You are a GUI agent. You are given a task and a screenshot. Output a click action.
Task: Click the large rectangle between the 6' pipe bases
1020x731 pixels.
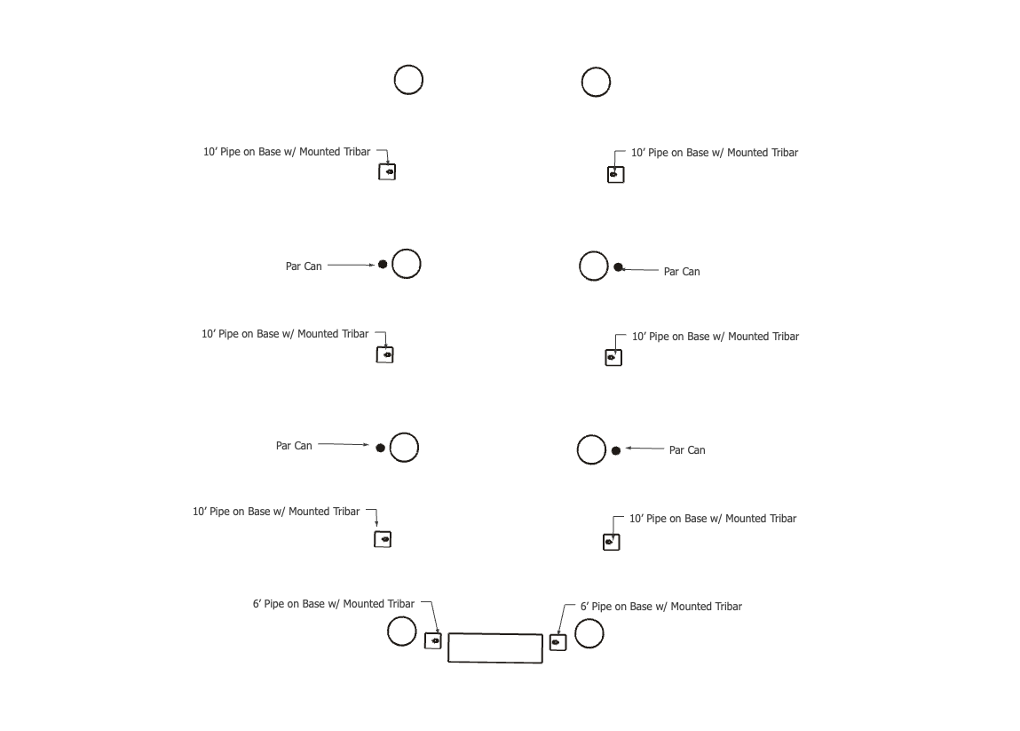tap(495, 648)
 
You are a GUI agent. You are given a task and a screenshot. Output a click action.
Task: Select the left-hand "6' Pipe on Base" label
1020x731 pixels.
tap(333, 604)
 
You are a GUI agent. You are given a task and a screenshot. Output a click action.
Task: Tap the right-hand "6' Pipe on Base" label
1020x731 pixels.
tap(660, 607)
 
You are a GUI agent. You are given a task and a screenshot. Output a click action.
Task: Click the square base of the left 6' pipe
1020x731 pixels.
tap(432, 640)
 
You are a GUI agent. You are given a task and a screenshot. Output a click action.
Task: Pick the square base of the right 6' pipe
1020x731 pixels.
tap(557, 641)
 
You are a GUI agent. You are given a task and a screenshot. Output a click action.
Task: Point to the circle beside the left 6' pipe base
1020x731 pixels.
tap(402, 632)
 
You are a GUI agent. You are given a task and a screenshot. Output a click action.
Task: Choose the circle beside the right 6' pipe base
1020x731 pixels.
tap(589, 633)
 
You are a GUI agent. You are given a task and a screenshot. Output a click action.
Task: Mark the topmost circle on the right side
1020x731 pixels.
tap(596, 82)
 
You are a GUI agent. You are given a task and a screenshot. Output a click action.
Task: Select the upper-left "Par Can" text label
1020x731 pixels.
tap(304, 266)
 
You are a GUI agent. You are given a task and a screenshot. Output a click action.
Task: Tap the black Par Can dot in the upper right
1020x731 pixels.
tap(619, 266)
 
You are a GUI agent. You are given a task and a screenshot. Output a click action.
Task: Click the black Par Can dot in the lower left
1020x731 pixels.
tap(380, 448)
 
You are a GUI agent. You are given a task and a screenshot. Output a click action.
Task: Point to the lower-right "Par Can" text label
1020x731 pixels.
tap(687, 450)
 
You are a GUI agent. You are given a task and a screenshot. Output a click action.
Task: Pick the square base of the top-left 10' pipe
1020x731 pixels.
tap(387, 171)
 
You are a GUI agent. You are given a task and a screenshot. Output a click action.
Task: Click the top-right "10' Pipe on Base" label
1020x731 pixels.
tap(714, 153)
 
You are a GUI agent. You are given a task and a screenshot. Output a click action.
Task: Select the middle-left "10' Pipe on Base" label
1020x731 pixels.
tap(285, 334)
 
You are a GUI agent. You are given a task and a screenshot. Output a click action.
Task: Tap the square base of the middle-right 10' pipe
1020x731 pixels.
tap(613, 357)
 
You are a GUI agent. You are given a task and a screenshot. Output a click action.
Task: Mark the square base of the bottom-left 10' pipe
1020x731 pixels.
tap(383, 539)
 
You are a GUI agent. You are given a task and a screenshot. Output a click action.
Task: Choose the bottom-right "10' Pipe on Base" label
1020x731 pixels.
tap(712, 519)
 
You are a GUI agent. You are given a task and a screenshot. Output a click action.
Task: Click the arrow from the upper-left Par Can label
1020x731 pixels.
tap(352, 265)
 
